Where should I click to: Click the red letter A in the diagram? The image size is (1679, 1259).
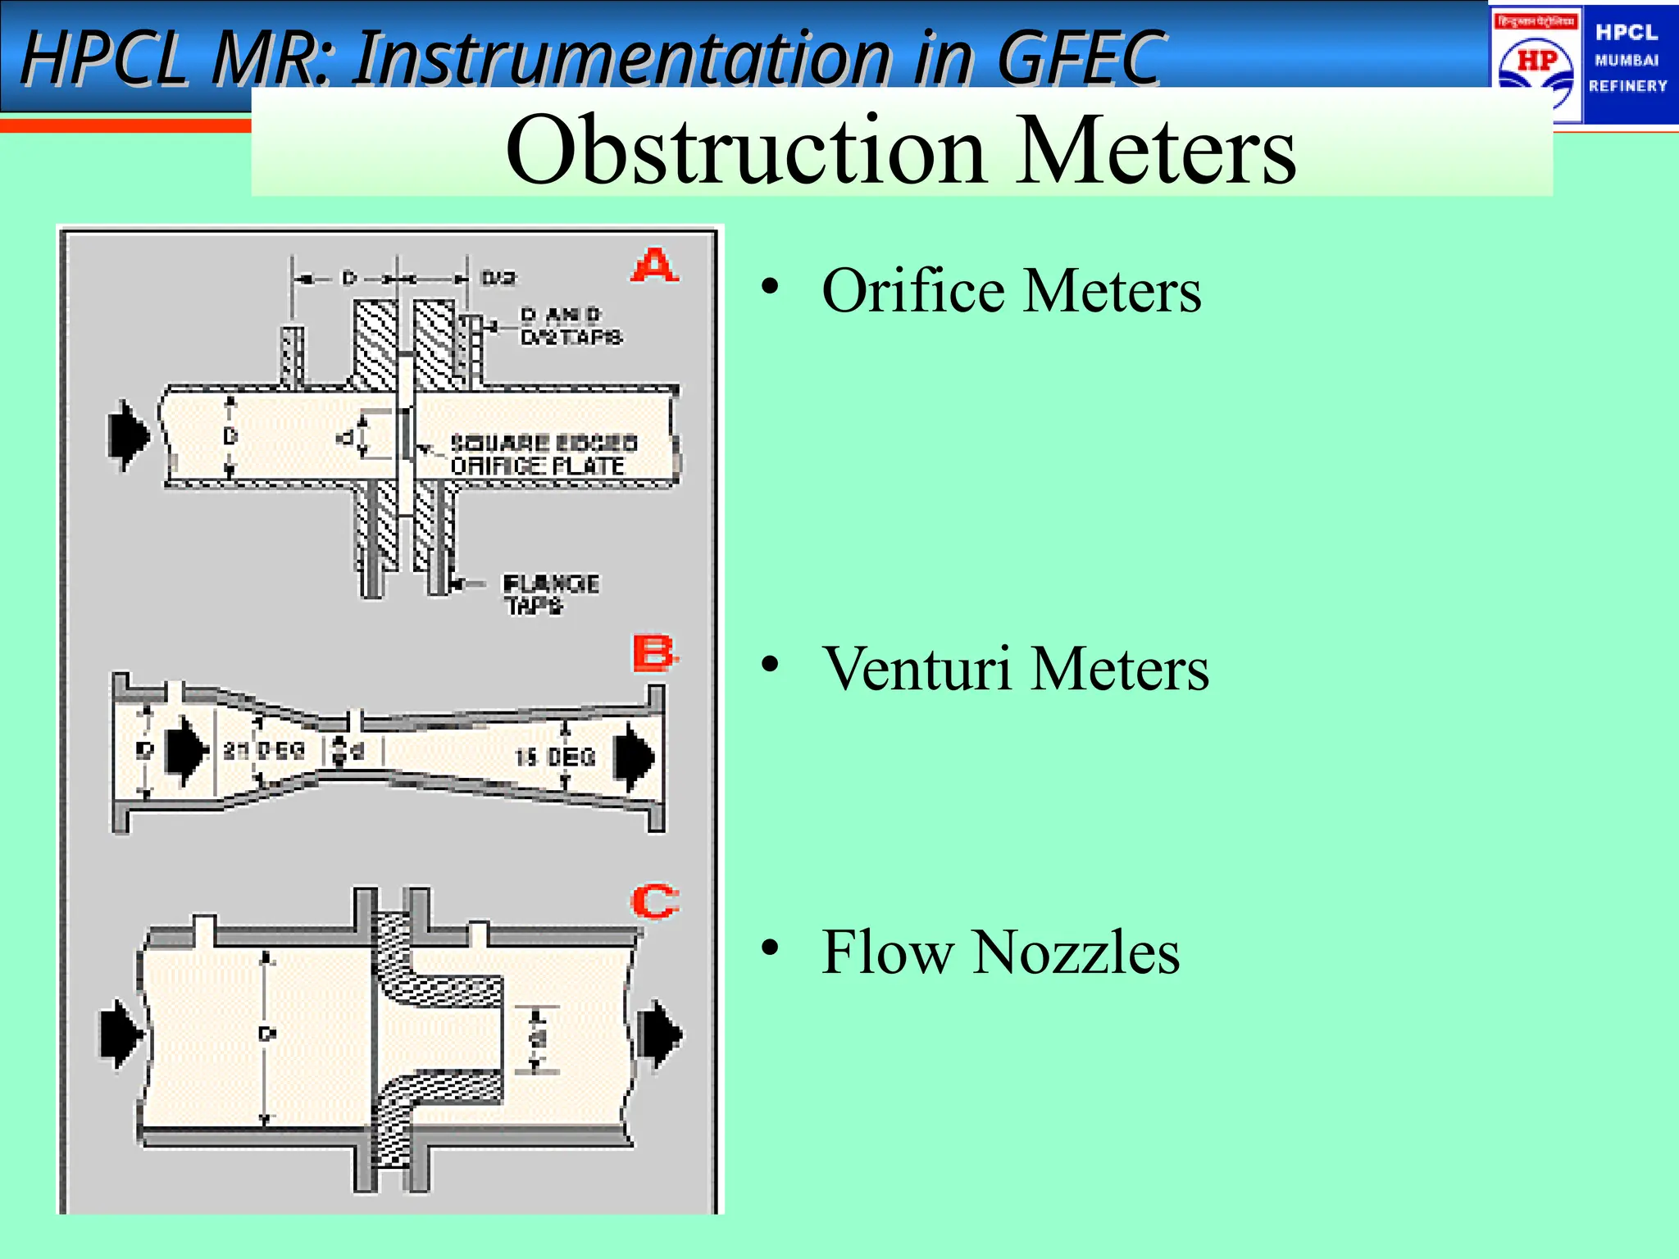(655, 266)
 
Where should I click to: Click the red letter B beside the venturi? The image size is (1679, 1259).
(654, 654)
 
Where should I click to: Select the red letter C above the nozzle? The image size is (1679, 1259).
(654, 902)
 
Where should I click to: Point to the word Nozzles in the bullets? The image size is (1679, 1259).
(1076, 952)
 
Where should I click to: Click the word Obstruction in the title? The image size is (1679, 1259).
(745, 151)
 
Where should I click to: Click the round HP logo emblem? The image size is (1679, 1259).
(1536, 66)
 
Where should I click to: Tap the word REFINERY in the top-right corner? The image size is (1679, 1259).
(1627, 86)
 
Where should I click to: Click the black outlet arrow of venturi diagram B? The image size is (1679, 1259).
(635, 756)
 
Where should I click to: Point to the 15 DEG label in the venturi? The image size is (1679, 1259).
(555, 757)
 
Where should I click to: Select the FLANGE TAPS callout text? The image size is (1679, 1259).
(549, 594)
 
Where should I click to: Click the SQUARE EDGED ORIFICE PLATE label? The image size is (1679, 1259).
(543, 455)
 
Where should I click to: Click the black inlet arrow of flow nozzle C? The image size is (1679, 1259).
(121, 1033)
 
